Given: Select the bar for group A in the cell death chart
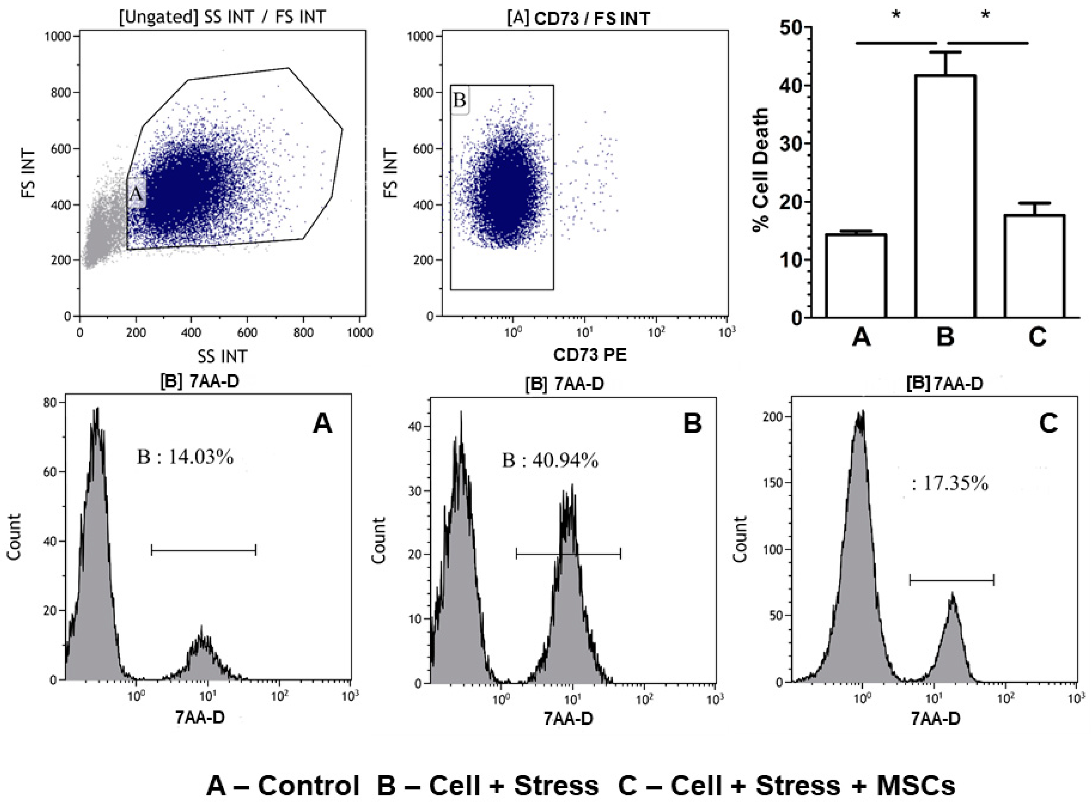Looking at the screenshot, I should click(856, 276).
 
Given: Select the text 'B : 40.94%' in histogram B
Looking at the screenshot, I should click(550, 460).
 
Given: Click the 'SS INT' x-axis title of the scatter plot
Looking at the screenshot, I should click(222, 356).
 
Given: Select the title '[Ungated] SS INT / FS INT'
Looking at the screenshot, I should click(222, 17).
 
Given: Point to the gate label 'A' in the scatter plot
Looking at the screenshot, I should click(136, 194).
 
